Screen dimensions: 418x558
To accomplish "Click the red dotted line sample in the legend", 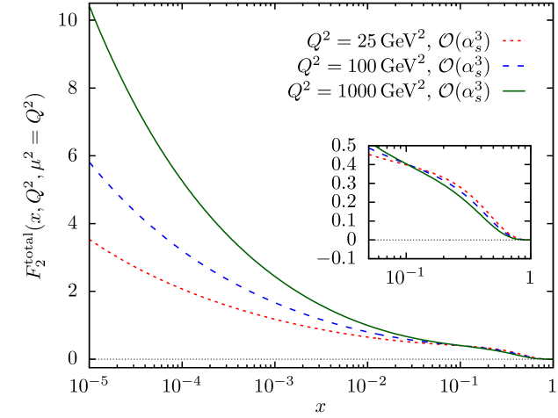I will click(x=513, y=40).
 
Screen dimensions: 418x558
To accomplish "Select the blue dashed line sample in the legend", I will click(x=513, y=66).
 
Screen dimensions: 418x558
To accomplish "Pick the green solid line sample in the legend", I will click(x=513, y=90).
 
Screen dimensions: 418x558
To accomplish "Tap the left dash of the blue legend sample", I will click(x=506, y=66).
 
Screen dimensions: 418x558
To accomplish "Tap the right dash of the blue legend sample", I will click(x=520, y=66).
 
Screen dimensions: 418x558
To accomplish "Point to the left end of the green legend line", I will click(x=503, y=90).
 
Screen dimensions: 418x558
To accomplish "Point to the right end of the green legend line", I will click(x=525, y=90).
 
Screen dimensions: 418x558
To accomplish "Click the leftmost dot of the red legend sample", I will click(x=504, y=40).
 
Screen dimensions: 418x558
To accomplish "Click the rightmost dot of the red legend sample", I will click(x=523, y=40).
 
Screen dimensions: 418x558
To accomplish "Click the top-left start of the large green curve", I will click(x=91, y=8).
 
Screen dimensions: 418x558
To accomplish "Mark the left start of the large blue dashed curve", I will click(x=91, y=163).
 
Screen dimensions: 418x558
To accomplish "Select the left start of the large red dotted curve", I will click(x=91, y=240).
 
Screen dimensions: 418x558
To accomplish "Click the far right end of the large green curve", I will click(x=552, y=359).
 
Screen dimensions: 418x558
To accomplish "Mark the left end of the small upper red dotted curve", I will click(x=370, y=155).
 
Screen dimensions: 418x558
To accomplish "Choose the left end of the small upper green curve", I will click(x=375, y=147).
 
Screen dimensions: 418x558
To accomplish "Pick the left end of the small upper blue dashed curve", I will click(x=372, y=148).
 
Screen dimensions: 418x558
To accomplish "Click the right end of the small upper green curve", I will click(x=529, y=240).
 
